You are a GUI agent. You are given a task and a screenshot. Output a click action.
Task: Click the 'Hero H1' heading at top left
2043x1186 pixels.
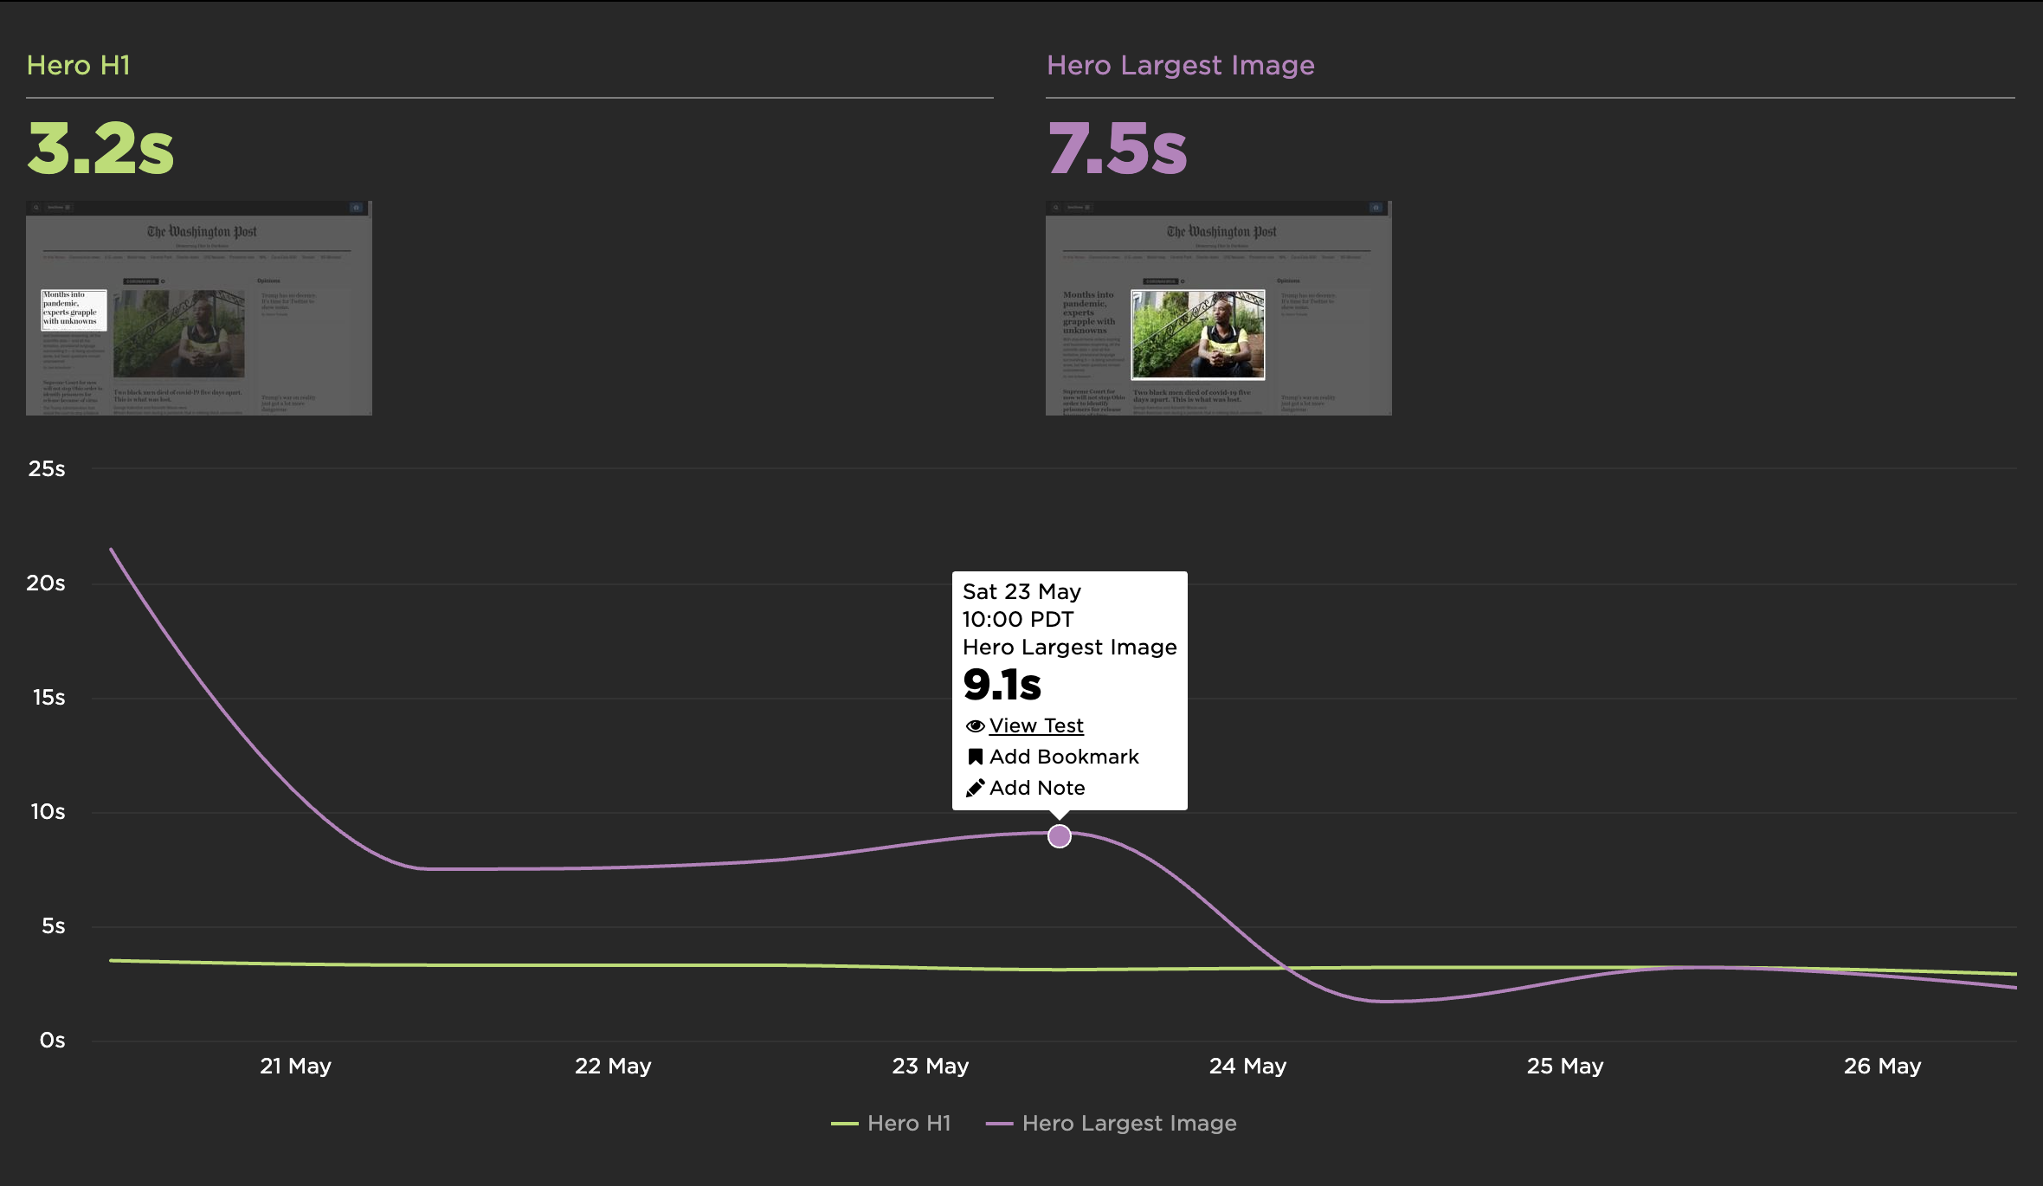pos(78,66)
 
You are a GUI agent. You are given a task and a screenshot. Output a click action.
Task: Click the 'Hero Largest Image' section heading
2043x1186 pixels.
pos(1180,66)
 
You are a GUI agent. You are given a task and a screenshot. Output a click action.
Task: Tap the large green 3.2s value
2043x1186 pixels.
pos(100,148)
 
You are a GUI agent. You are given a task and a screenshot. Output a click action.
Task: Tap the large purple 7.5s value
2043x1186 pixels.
pos(1117,148)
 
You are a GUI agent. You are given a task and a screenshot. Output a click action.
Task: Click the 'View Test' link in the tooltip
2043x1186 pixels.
pos(1035,725)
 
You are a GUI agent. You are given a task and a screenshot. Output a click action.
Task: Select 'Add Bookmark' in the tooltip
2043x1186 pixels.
pos(1063,757)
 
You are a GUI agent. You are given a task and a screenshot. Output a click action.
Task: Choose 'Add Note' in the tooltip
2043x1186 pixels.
pos(1036,788)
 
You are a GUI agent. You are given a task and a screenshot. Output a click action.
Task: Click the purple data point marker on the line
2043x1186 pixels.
pos(1059,836)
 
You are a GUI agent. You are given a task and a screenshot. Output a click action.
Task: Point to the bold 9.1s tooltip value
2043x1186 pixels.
pos(1002,685)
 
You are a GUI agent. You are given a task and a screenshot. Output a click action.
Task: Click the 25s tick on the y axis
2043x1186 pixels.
pos(47,469)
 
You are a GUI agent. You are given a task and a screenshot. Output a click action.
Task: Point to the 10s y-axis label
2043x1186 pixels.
pos(48,812)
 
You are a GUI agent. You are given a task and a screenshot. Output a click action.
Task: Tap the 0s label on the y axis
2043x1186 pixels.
pos(52,1041)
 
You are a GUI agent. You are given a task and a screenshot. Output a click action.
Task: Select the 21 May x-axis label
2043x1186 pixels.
pos(295,1067)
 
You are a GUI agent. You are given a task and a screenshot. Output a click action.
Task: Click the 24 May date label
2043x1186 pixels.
pos(1247,1067)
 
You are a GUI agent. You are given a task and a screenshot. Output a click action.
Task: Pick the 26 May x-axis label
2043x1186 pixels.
pos(1882,1067)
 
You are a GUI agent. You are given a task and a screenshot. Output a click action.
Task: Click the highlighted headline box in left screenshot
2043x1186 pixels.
pos(74,310)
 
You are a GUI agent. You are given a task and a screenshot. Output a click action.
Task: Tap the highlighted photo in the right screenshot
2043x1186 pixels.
pos(1198,334)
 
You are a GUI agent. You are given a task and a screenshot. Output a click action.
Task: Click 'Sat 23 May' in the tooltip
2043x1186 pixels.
pos(1021,592)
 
